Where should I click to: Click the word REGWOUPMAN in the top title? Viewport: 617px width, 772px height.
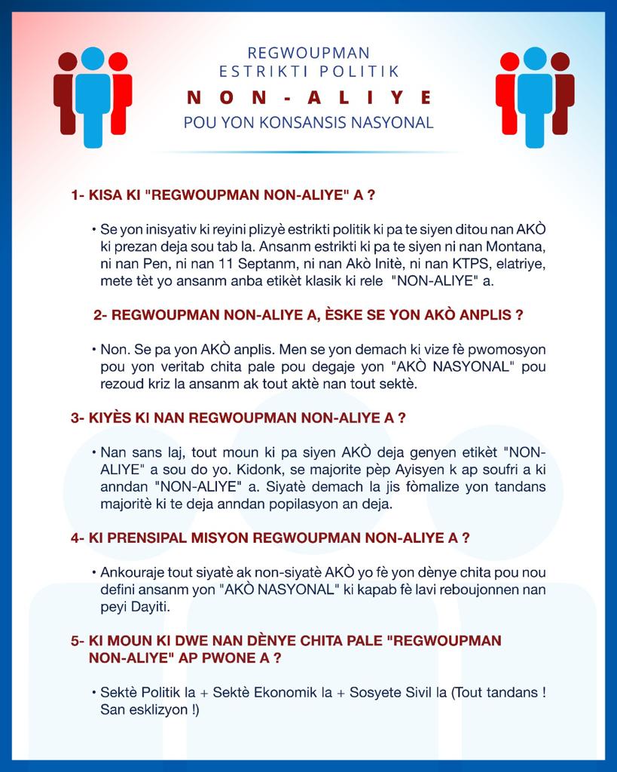tap(308, 53)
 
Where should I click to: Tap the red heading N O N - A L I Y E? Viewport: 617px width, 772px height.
tap(308, 97)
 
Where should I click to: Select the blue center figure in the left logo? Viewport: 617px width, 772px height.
tap(93, 94)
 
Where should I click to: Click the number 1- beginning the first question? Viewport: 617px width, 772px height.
tap(78, 195)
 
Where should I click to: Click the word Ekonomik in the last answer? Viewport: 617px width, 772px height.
tap(270, 692)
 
